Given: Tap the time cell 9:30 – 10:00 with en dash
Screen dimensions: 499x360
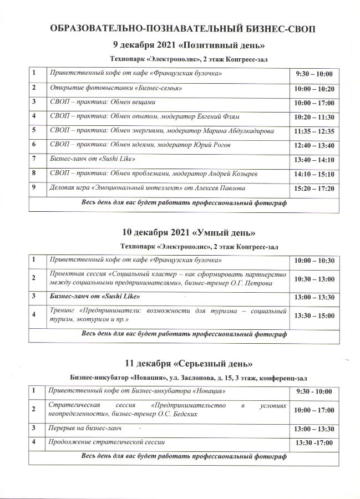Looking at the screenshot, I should click(314, 74).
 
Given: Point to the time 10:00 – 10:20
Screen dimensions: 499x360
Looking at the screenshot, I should click(314, 89).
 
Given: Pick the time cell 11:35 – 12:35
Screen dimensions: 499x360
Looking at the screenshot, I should click(314, 131).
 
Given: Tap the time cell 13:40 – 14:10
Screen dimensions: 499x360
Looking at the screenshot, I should click(314, 160).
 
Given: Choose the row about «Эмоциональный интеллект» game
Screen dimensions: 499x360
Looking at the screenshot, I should click(148, 188).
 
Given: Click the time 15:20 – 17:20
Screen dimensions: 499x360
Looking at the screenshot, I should click(314, 189).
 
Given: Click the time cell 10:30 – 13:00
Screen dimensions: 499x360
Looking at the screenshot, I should click(314, 279).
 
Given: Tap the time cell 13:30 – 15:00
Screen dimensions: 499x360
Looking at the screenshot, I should click(314, 315).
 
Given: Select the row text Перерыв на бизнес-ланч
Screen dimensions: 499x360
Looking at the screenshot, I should click(85, 429).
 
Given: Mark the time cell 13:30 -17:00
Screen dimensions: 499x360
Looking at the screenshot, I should click(314, 444).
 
